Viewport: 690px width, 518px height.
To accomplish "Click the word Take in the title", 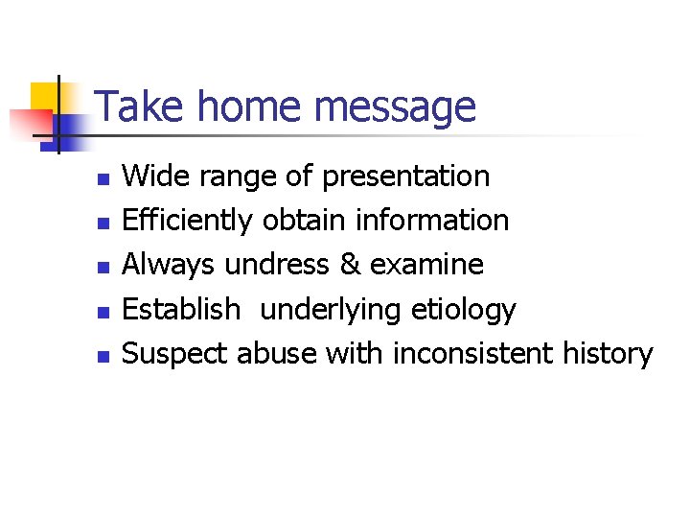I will pyautogui.click(x=132, y=106).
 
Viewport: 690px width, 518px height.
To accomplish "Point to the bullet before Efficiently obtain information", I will pyautogui.click(x=103, y=224).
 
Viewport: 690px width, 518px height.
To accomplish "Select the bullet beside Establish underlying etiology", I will pyautogui.click(x=103, y=312).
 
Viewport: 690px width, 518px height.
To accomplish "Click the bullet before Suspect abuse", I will pyautogui.click(x=103, y=356).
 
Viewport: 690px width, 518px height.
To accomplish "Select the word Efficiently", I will pyautogui.click(x=188, y=221).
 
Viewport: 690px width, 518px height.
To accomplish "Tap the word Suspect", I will pyautogui.click(x=175, y=354).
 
